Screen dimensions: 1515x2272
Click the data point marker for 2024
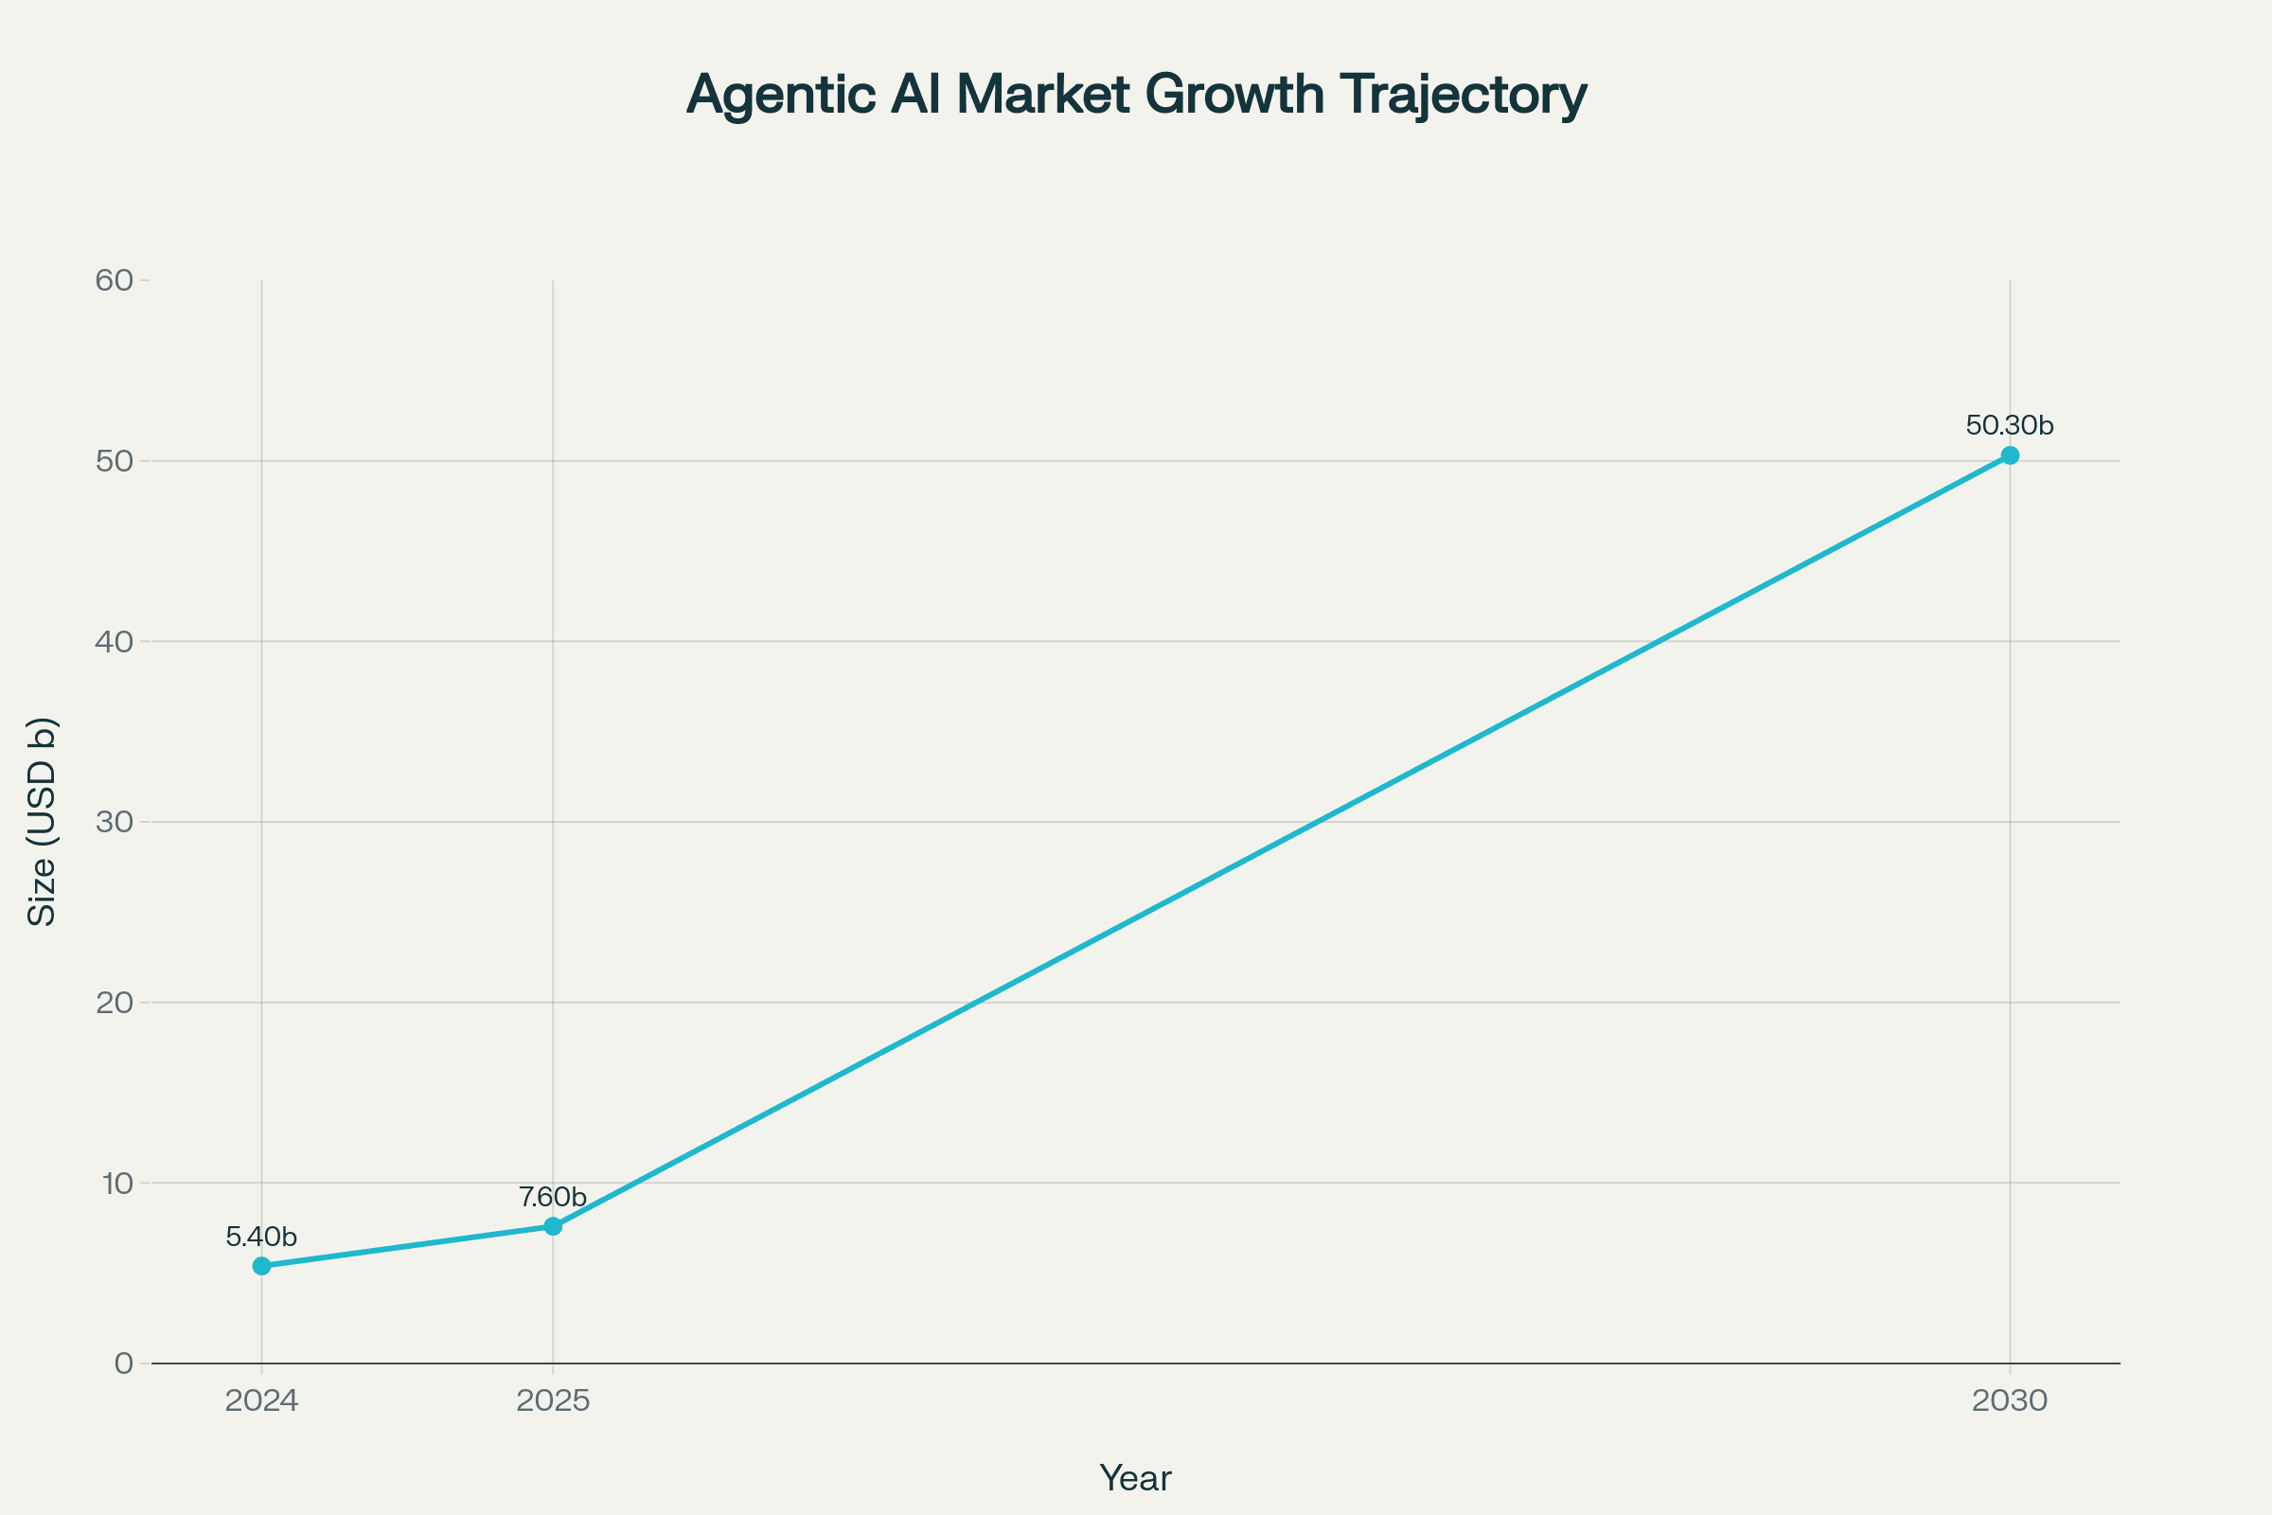tap(262, 1266)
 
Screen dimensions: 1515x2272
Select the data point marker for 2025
tap(553, 1226)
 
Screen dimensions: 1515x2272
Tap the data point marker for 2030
tap(2009, 455)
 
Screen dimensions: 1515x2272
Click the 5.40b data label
tap(261, 1237)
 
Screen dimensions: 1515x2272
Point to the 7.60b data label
tap(553, 1197)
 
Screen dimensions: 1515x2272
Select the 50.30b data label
tap(2009, 425)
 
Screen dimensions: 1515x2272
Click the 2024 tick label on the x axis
tap(262, 1401)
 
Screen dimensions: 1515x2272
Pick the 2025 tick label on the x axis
tap(553, 1401)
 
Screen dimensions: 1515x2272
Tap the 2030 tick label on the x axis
tap(2009, 1401)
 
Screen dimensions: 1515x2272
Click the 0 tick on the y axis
tap(124, 1363)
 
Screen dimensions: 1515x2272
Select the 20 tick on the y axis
tap(114, 1002)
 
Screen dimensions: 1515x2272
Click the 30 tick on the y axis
tap(114, 822)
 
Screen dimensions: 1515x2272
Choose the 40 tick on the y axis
tap(114, 642)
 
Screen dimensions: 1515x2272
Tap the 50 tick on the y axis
tap(114, 461)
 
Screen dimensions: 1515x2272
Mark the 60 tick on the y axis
tap(114, 280)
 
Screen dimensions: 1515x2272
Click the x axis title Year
tap(1135, 1478)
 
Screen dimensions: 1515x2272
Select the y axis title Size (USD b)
tap(42, 821)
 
